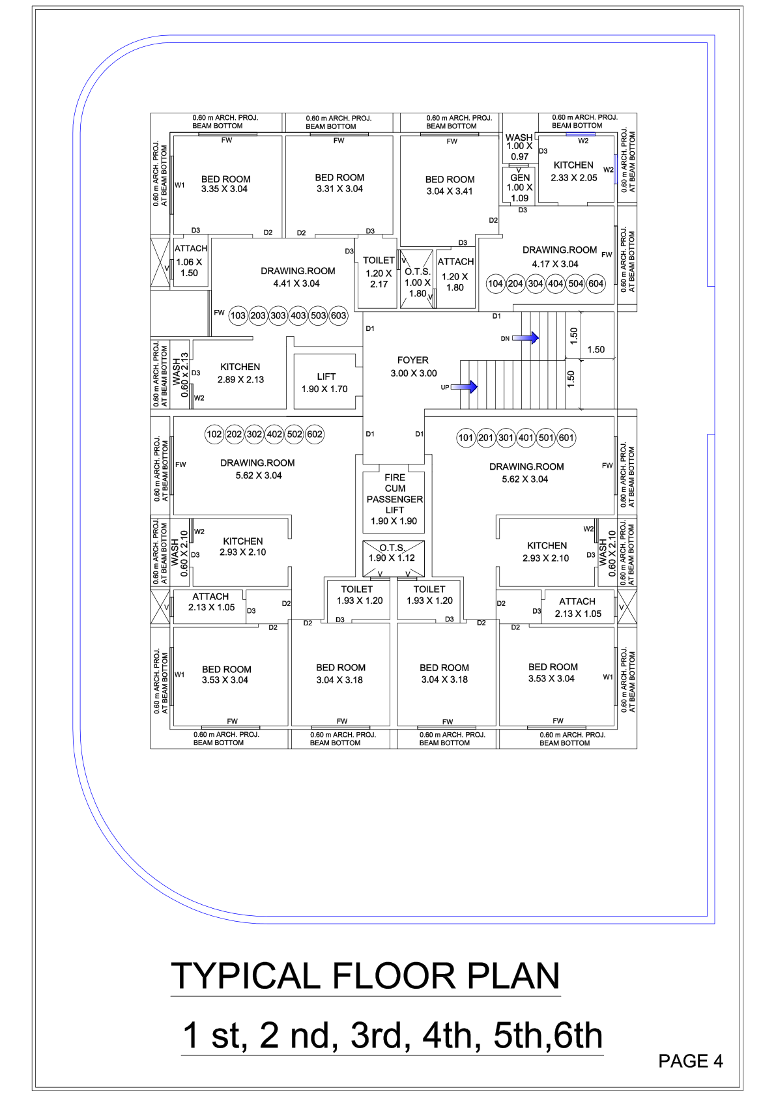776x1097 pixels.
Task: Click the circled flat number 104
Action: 495,283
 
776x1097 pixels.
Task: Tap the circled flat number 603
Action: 339,315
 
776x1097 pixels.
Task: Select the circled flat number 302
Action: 254,435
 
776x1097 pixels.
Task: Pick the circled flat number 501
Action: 546,438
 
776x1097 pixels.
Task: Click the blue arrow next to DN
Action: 526,338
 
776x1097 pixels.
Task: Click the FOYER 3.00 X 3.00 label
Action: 414,366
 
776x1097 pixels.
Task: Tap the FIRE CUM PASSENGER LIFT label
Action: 394,499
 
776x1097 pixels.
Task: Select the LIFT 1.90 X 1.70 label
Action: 325,382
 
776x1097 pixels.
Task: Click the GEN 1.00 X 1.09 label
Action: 520,188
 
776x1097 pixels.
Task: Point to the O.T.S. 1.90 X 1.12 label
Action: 392,553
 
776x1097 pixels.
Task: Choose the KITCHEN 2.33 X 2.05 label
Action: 573,171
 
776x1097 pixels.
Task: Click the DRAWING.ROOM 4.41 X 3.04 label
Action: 297,278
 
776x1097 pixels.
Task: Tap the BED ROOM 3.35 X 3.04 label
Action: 225,184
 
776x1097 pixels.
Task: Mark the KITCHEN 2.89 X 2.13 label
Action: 240,373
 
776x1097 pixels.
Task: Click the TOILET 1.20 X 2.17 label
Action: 379,272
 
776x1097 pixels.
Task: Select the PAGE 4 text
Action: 690,1061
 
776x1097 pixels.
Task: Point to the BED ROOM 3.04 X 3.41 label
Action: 450,185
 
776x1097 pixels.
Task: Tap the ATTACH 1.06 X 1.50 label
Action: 190,261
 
